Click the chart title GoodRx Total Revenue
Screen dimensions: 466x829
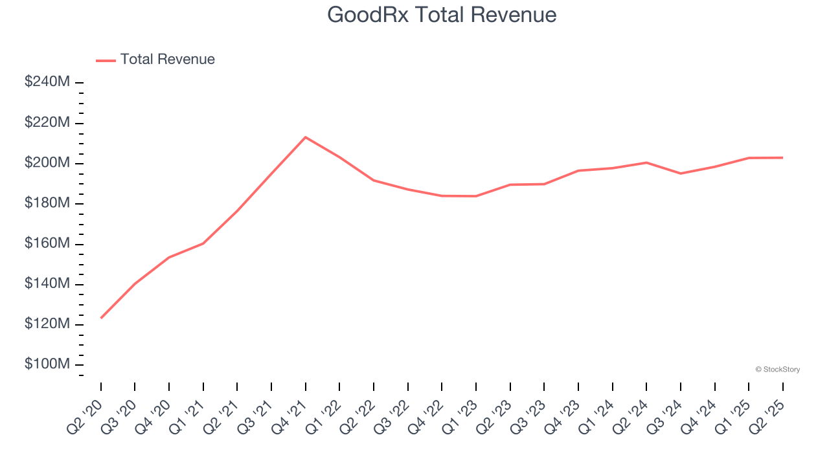pos(442,14)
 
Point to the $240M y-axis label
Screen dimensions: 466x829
pos(47,82)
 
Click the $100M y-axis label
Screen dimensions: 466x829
pos(47,364)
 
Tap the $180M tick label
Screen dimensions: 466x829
pos(47,203)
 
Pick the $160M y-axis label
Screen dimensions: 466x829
pos(47,243)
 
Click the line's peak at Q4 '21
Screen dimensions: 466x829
pos(305,137)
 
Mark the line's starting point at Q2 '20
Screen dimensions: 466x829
pos(101,318)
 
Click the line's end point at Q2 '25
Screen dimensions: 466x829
pos(782,157)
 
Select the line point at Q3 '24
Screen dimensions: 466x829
pos(681,173)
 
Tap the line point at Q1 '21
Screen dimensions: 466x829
pos(203,243)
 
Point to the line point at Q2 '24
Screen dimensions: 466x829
pos(646,162)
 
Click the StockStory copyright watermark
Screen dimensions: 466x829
pos(777,370)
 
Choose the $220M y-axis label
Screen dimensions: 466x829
pos(47,122)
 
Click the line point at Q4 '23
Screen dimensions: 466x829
pos(578,171)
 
